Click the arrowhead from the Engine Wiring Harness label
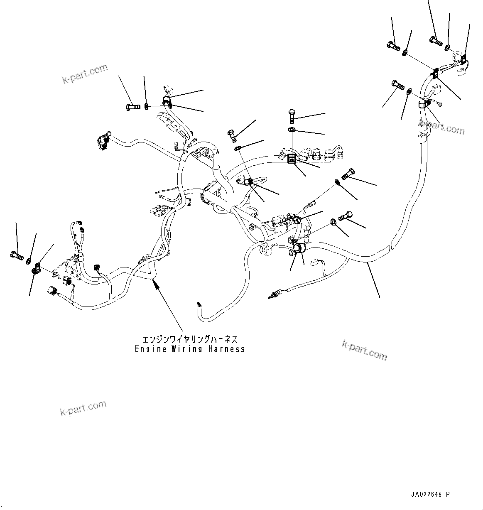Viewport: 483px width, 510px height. tap(156, 284)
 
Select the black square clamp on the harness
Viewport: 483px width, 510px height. tap(292, 158)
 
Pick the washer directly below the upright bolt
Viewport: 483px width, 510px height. tap(291, 131)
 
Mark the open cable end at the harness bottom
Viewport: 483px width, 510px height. tap(200, 305)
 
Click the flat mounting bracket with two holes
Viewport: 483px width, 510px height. tap(71, 269)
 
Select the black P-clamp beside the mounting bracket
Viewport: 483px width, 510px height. tap(35, 270)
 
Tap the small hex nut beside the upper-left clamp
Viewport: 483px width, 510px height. tap(147, 107)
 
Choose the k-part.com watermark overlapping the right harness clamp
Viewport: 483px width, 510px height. tap(442, 127)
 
